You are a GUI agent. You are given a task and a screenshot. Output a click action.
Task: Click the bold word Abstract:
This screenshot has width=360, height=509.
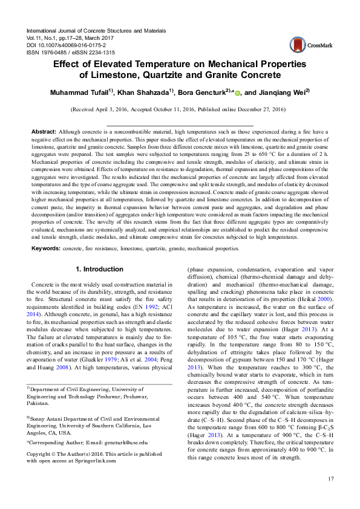[x=44, y=131]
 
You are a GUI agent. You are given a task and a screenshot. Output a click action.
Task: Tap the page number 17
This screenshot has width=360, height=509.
[x=330, y=479]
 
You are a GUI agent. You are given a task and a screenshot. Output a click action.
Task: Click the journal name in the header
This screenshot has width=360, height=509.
[x=96, y=30]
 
